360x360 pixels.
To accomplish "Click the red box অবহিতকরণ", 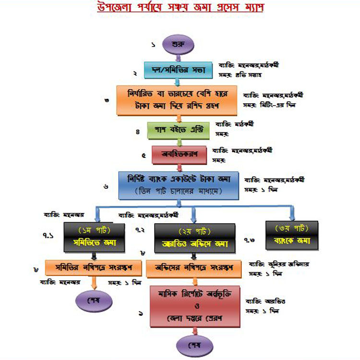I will tap(179, 155).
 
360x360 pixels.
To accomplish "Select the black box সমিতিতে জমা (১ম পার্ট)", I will tap(91, 236).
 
